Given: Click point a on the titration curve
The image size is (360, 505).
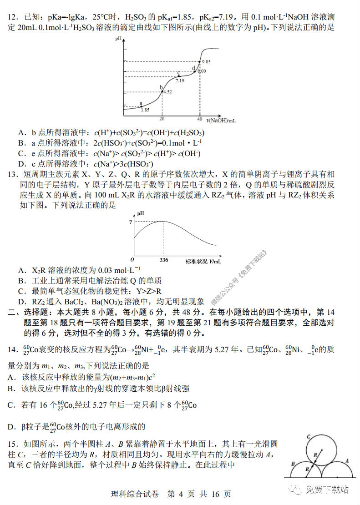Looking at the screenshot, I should click(x=142, y=106).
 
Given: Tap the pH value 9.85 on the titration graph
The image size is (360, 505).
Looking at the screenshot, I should click(x=206, y=61).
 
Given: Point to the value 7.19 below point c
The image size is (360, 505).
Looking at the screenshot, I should click(x=180, y=81).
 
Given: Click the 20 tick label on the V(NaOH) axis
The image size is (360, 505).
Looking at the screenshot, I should click(x=162, y=119).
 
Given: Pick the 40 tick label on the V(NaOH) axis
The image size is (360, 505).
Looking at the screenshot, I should click(x=199, y=119).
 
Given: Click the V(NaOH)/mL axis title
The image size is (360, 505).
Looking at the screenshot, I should click(x=221, y=121).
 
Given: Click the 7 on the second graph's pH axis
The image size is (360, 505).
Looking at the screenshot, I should click(x=130, y=222).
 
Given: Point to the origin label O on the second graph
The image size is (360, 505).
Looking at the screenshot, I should click(x=132, y=260).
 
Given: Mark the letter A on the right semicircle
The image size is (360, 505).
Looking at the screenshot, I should click(x=347, y=460).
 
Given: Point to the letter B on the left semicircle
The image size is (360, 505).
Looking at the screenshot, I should click(x=293, y=464).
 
